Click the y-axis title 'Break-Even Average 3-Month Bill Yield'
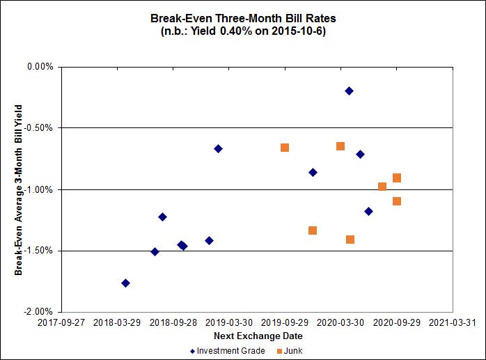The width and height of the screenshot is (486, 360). pos(19,189)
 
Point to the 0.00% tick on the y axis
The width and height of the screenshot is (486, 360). pos(40,67)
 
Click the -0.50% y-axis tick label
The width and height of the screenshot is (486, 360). pos(39,128)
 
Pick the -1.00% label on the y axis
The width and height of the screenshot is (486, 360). pos(39,189)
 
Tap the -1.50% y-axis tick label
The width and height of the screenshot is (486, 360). pos(39,251)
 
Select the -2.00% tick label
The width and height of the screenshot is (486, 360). pos(39,312)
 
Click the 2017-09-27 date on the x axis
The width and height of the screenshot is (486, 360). pos(62,323)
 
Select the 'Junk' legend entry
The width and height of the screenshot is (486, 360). pos(293,351)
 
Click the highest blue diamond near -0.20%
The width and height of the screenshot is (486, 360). pos(349,91)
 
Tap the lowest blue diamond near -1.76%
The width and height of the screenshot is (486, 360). pos(125,283)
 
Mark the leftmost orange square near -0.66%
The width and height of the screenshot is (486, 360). pos(285,148)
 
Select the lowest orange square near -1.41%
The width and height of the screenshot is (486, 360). pos(350,240)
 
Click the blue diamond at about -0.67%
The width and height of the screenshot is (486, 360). pos(218,148)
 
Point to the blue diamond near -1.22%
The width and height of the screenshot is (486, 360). pos(162,217)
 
